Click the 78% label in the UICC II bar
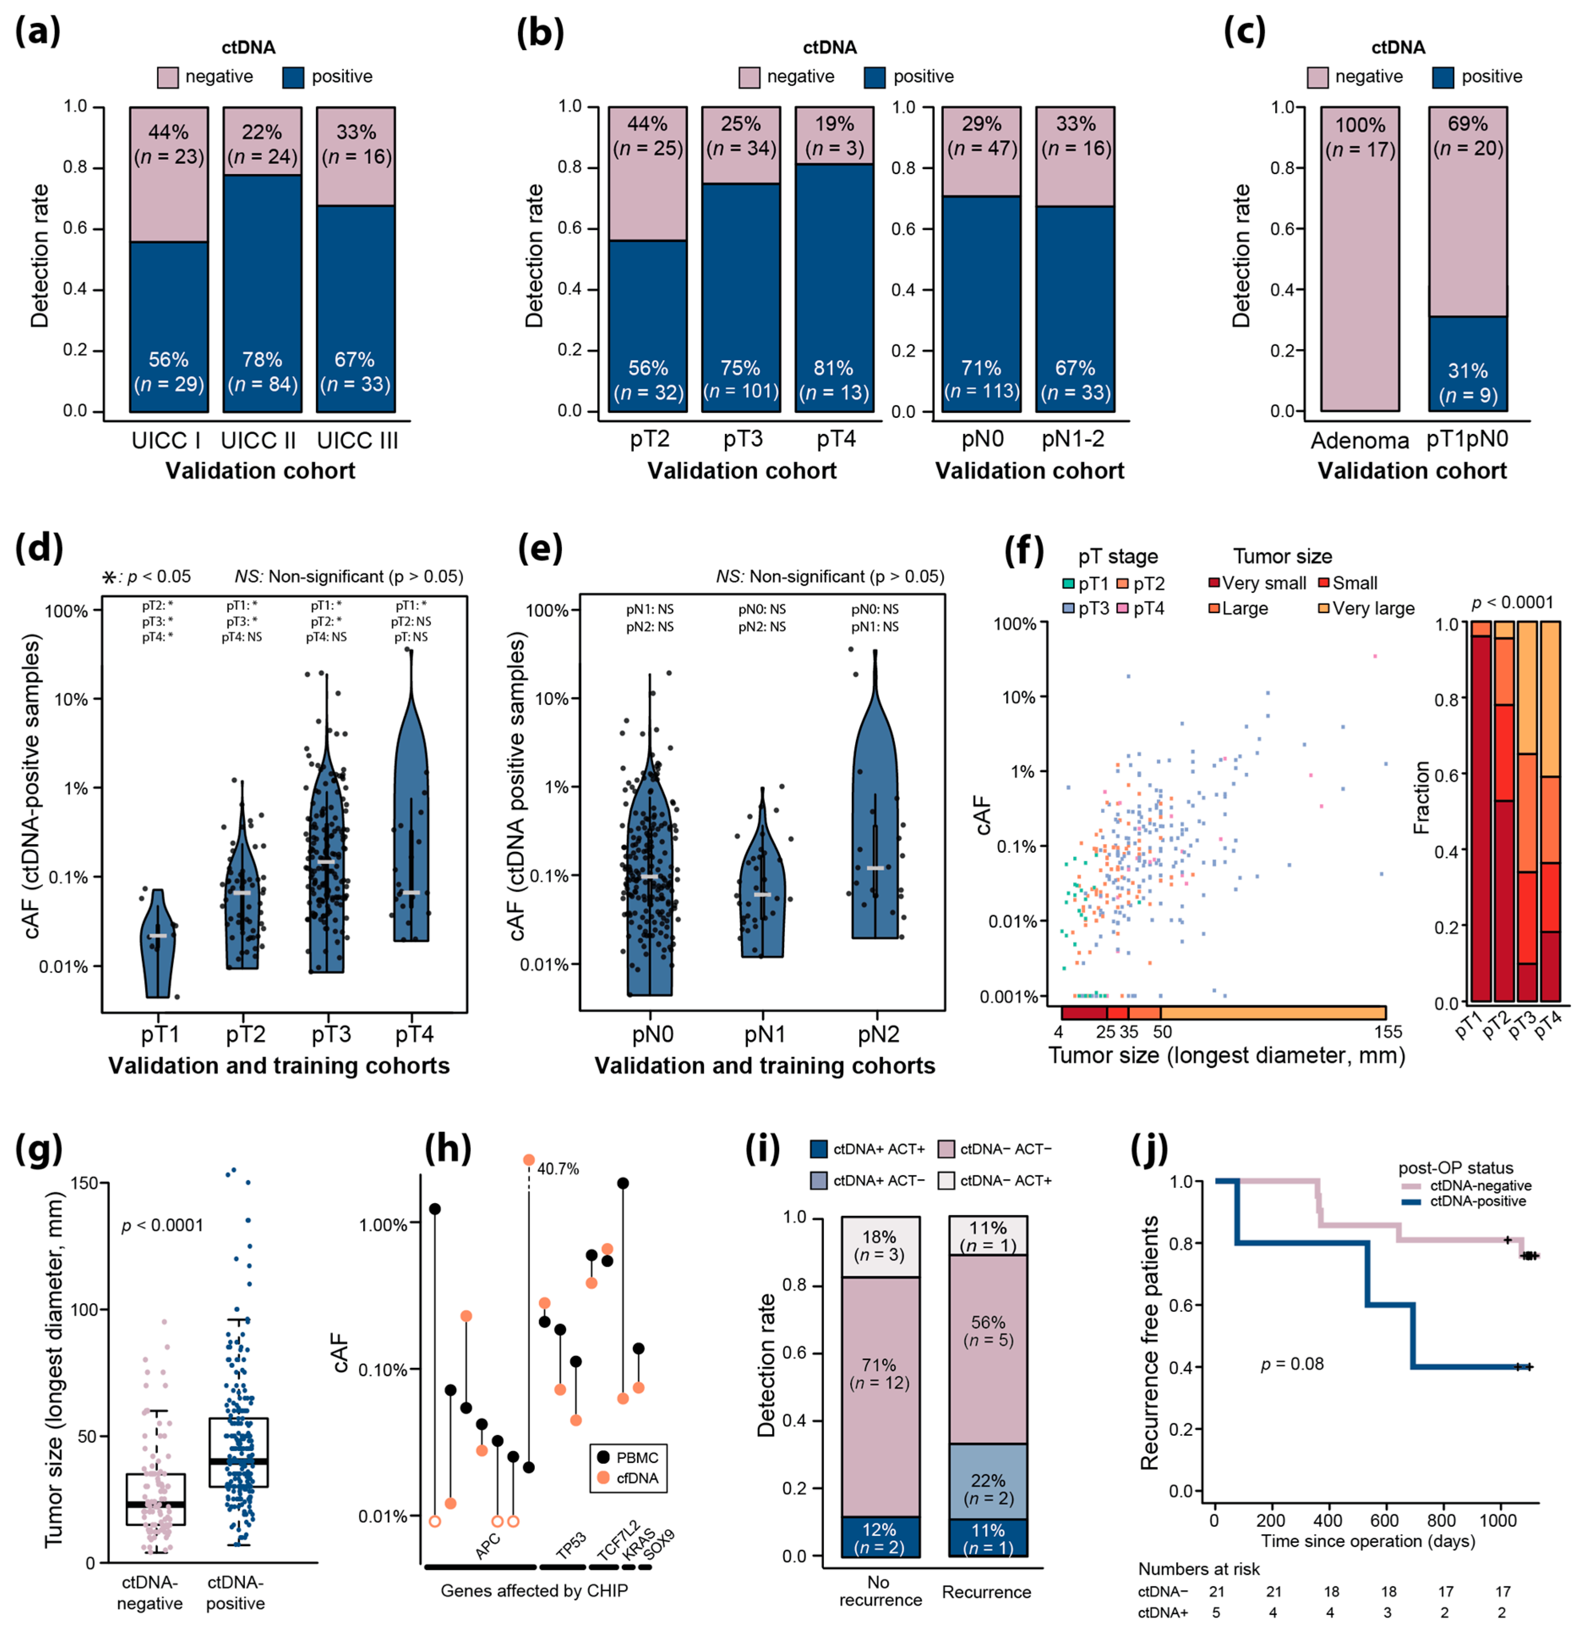point(262,360)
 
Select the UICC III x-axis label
point(357,441)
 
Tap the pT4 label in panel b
point(836,439)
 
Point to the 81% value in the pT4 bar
point(834,368)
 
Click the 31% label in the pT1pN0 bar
point(1467,371)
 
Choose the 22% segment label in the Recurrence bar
point(988,1481)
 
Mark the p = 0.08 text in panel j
point(1292,1364)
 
